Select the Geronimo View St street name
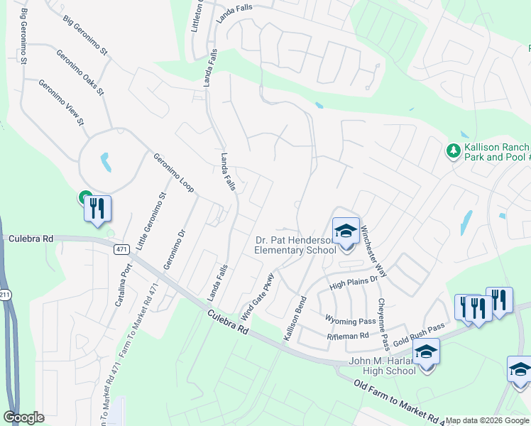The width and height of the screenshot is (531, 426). click(61, 103)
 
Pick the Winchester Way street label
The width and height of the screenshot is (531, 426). click(373, 251)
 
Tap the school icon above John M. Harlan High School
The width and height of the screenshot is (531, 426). click(426, 352)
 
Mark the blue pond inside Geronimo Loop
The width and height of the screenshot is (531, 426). click(106, 163)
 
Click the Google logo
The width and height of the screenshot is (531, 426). click(25, 417)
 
